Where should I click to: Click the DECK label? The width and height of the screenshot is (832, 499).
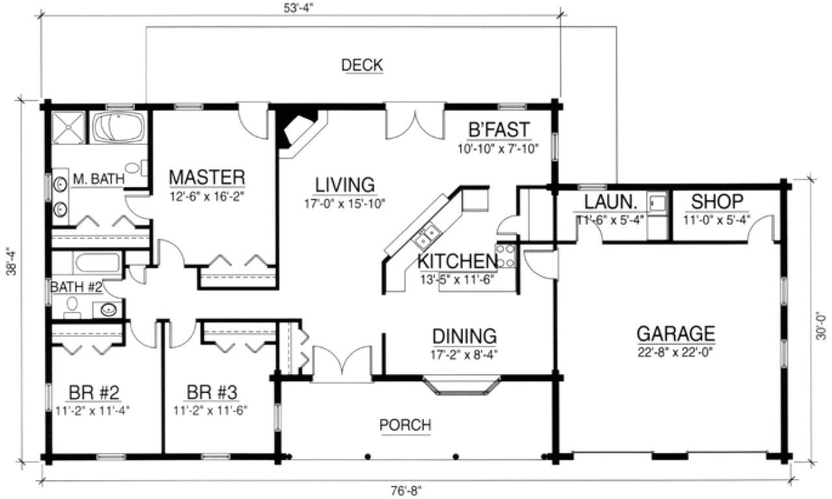pos(362,65)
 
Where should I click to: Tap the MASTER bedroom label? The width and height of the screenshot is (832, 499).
pos(207,177)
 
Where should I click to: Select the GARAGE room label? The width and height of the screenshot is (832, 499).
pos(675,334)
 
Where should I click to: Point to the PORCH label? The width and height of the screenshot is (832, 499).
pos(405,425)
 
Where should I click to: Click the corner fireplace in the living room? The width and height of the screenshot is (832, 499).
pos(296,130)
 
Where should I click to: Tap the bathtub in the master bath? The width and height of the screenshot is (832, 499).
pos(118,128)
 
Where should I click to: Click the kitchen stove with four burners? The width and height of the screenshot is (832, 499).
pos(505,255)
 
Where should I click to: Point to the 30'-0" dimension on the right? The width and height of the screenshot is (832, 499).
pos(822,323)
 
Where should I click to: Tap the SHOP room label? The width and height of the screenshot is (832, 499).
pos(716,201)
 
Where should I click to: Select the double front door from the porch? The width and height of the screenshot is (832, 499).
pos(343,361)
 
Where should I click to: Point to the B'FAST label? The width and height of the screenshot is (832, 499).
pos(499,129)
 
